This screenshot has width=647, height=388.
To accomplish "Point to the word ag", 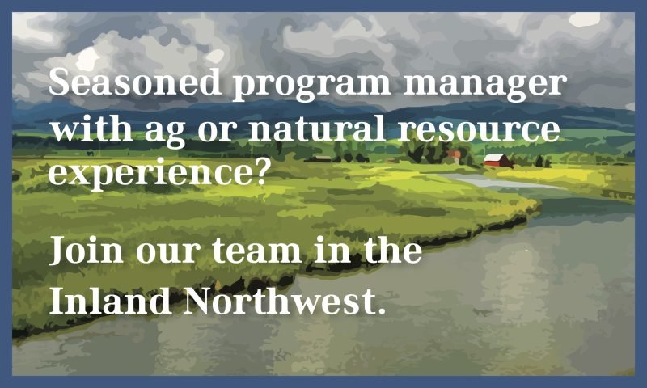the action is pyautogui.click(x=165, y=133).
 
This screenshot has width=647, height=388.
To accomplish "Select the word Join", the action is pyautogui.click(x=87, y=251).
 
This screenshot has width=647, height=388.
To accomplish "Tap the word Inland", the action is pyautogui.click(x=110, y=300).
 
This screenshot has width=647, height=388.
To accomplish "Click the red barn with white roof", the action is pyautogui.click(x=498, y=160).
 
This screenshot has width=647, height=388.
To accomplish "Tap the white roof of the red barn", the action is pyautogui.click(x=494, y=157).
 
